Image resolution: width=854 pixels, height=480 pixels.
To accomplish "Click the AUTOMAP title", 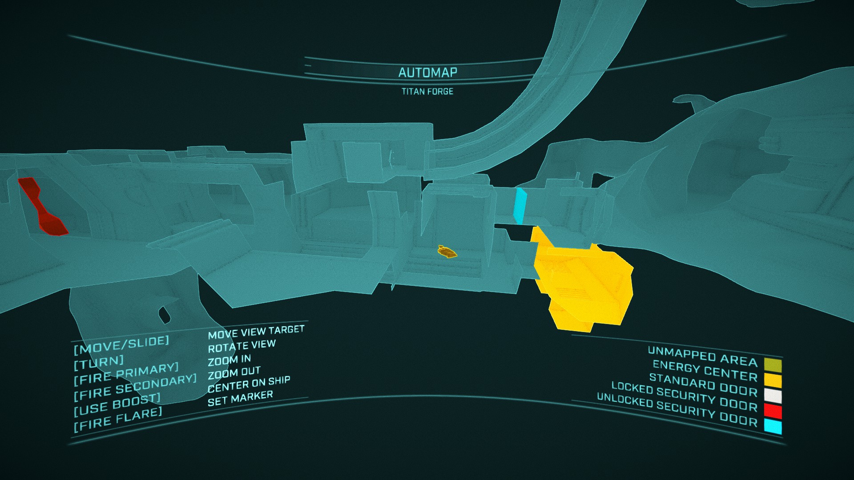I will point(427,72).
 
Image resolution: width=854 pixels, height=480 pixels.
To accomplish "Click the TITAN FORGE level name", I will point(427,92).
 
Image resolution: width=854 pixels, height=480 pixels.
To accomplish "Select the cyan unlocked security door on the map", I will point(519,206).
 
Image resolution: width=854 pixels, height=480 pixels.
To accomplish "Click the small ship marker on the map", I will point(447,252).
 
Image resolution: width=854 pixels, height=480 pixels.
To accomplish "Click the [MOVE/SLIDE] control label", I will point(121,344).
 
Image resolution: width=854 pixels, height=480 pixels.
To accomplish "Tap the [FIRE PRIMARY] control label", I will point(126,374).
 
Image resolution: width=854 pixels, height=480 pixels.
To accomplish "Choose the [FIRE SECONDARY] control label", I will point(135,387).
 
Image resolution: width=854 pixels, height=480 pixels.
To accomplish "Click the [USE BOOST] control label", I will point(117,404).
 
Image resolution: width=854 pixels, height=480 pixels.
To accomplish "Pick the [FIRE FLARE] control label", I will point(118,419).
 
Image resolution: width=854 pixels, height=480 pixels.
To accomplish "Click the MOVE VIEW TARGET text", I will point(256,332).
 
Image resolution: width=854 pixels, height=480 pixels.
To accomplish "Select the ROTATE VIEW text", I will point(242,346).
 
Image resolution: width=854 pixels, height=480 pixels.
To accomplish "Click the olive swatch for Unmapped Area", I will point(773,365).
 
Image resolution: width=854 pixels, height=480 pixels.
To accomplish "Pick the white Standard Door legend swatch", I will point(773,396).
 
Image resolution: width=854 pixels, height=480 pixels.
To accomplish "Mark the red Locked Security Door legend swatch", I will point(773,411).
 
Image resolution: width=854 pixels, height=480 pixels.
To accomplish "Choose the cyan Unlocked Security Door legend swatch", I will point(773,427).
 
